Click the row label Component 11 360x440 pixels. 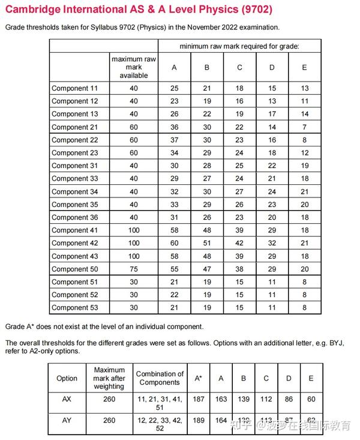click(74, 88)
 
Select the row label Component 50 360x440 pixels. click(74, 269)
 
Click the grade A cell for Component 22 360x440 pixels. click(174, 140)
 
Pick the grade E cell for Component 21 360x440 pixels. click(304, 127)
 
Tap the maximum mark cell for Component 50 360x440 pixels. click(133, 269)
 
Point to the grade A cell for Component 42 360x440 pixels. click(174, 243)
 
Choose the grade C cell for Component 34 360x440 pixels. click(239, 191)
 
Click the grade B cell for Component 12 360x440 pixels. click(207, 101)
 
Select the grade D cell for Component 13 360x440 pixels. click(272, 114)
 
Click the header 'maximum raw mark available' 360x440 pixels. click(133, 67)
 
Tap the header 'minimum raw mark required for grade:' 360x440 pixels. click(239, 46)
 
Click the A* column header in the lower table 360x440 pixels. click(198, 378)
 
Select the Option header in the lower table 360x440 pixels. click(67, 378)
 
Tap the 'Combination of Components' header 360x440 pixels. click(160, 378)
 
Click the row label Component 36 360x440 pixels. click(74, 217)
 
